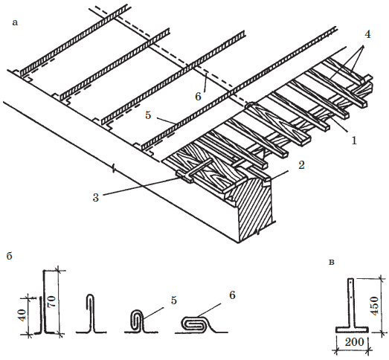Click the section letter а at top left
click(15, 23)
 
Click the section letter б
click(9, 256)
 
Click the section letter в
click(332, 263)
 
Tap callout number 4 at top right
click(367, 34)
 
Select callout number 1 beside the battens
click(354, 141)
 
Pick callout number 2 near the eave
click(301, 165)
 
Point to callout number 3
click(96, 198)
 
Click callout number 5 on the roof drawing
click(148, 115)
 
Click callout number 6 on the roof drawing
click(198, 97)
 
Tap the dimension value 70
click(52, 301)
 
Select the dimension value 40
click(23, 315)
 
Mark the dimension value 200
click(355, 342)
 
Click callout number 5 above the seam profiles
click(173, 300)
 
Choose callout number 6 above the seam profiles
click(232, 295)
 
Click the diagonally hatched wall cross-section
click(256, 208)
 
